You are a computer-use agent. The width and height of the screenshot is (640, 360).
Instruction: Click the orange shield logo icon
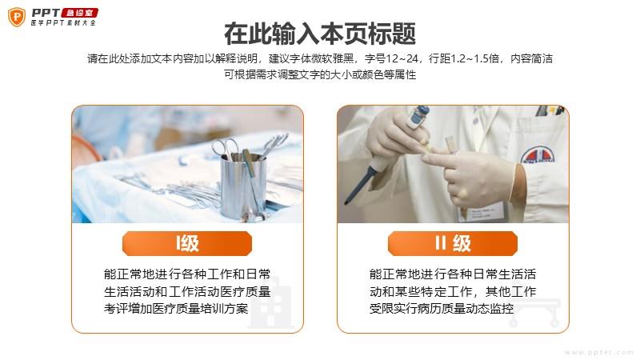coord(17,17)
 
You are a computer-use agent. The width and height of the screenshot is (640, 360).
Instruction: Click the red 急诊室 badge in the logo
coord(79,13)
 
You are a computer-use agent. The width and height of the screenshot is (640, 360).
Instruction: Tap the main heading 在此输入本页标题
coord(320,34)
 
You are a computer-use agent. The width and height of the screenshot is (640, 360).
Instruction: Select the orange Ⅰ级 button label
coord(187,243)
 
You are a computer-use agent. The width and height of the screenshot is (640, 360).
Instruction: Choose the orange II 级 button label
coord(453,243)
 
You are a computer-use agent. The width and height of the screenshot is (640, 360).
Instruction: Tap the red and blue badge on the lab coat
coord(538,155)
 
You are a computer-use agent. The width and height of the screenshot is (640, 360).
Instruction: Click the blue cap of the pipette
coord(419,114)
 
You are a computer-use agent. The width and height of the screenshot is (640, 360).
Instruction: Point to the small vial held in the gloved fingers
coord(450,145)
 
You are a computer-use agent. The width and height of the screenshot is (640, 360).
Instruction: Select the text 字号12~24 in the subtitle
coord(391,58)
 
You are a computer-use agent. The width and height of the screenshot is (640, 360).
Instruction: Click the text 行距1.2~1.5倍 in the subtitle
coord(464,58)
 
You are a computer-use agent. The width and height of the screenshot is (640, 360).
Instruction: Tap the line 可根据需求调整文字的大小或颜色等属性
coord(320,74)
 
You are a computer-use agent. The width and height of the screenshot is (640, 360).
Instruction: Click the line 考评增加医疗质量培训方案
coord(176,309)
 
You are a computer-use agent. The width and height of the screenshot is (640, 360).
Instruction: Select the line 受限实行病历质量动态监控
coord(442,309)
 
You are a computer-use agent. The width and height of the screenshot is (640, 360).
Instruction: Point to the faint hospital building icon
coord(271,303)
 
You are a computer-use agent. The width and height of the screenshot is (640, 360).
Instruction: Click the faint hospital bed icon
coord(534,313)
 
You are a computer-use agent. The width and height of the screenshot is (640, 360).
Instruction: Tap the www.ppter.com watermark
coord(598,352)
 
